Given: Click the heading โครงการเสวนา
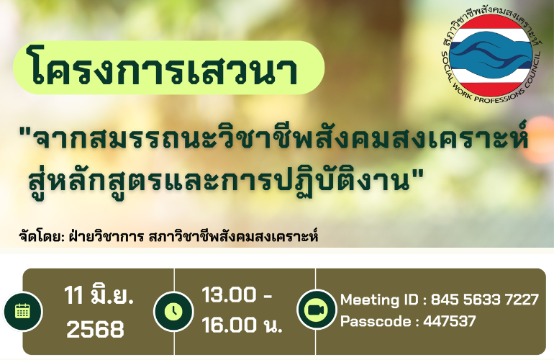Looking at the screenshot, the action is click(164, 69).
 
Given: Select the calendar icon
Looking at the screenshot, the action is click(22, 312).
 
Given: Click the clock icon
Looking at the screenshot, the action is click(173, 312).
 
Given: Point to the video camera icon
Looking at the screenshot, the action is click(316, 310).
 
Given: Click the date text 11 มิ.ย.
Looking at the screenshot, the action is click(99, 296).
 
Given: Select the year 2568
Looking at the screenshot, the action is click(96, 329).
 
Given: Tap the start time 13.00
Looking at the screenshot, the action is click(229, 295).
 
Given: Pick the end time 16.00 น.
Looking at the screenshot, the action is click(242, 325).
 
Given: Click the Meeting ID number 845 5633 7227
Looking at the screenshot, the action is click(485, 300).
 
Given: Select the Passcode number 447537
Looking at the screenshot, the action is click(450, 321).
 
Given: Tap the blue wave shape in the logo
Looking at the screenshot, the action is click(491, 53).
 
